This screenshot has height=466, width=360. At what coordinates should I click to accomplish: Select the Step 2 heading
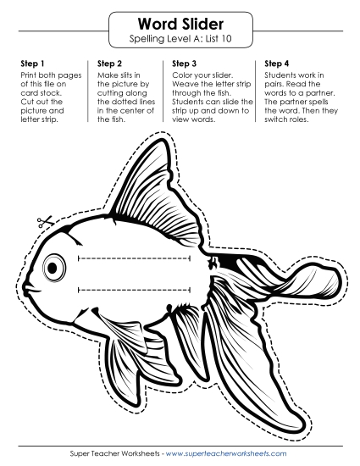(x=110, y=64)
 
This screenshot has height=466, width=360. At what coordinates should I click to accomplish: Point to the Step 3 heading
(x=185, y=64)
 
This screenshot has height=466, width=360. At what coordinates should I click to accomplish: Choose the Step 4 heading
(x=278, y=64)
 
